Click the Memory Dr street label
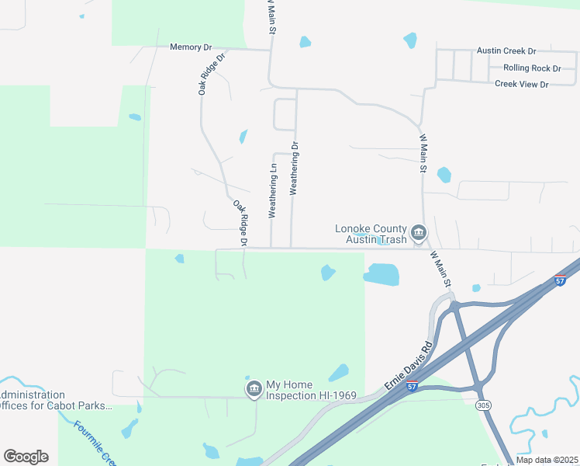[191, 47]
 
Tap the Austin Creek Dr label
[506, 51]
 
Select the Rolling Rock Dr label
[532, 68]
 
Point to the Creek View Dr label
[521, 84]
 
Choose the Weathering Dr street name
[294, 169]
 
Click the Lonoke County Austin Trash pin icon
[419, 233]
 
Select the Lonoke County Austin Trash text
[371, 234]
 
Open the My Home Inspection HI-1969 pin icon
[254, 389]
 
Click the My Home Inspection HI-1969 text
[311, 390]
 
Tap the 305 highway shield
[484, 405]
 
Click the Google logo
[26, 457]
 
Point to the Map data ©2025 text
[547, 460]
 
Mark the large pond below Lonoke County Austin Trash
[381, 274]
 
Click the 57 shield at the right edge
[561, 281]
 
